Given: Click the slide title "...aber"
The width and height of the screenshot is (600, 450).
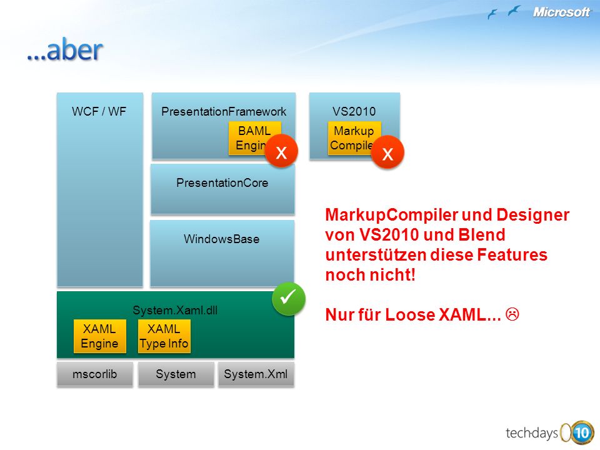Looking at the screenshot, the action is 65,50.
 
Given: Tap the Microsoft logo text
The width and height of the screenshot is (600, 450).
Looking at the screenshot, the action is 561,12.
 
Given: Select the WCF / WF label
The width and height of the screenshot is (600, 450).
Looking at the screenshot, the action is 99,111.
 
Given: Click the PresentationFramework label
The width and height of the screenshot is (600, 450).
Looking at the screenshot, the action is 224,111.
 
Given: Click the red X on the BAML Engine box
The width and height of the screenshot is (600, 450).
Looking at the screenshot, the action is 281,151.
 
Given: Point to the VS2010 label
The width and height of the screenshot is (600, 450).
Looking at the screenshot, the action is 354,111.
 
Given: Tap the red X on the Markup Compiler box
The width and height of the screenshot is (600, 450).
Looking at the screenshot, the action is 387,152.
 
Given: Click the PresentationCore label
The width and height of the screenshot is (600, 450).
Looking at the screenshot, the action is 222,183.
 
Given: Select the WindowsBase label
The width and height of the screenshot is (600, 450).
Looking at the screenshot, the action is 221,239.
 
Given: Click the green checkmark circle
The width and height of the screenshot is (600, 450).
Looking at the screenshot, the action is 289,299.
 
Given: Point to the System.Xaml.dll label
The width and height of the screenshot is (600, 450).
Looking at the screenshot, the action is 175,310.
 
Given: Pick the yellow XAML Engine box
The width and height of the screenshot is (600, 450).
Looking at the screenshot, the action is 100,336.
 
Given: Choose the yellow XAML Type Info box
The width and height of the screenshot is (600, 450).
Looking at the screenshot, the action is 164,336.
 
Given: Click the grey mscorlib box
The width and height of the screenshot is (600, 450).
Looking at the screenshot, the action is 95,374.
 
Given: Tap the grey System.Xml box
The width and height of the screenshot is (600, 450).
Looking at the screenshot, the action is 256,374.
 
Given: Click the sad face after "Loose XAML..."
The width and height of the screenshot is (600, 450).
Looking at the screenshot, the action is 512,314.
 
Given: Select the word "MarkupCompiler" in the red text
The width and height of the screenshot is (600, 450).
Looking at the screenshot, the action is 392,214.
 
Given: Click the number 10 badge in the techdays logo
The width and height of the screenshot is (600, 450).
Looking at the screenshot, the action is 582,433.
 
